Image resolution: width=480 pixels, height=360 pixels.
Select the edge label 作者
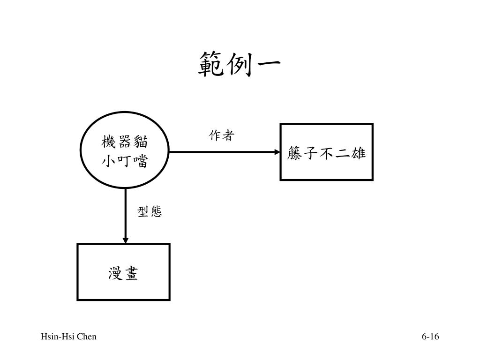click(x=221, y=136)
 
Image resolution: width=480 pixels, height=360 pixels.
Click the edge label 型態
click(x=150, y=212)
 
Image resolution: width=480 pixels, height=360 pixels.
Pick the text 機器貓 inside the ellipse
click(x=125, y=141)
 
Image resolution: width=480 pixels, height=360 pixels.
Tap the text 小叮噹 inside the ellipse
click(x=125, y=162)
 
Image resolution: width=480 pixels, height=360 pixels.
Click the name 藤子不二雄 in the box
click(x=326, y=153)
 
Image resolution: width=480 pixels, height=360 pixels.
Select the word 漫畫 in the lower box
click(x=123, y=273)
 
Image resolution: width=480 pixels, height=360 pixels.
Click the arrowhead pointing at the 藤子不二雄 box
click(x=276, y=152)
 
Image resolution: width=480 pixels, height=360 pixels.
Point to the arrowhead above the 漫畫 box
click(x=125, y=240)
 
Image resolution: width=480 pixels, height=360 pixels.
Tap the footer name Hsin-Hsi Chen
click(x=68, y=337)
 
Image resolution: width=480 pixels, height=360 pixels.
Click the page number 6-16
click(x=430, y=337)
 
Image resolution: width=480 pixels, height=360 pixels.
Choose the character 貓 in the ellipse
click(x=141, y=141)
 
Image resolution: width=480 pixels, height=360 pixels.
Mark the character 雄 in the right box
click(x=358, y=153)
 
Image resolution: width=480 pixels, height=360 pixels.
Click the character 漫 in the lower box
click(x=115, y=273)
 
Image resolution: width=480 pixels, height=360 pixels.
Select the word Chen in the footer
click(x=87, y=337)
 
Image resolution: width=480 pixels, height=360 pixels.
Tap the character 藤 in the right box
click(x=295, y=153)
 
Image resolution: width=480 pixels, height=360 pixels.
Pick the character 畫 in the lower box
click(x=131, y=273)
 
